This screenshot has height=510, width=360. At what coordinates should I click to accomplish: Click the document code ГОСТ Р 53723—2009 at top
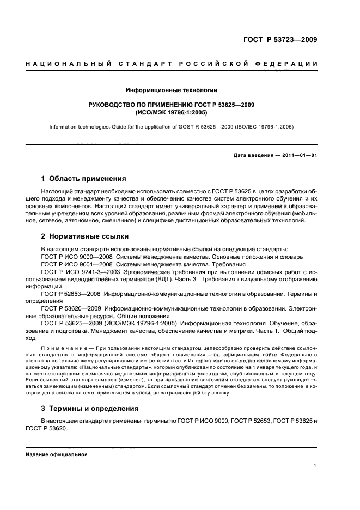(279, 39)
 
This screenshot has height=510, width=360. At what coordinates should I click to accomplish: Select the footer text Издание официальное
(57, 454)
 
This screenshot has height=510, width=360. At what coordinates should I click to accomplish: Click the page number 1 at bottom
(315, 466)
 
